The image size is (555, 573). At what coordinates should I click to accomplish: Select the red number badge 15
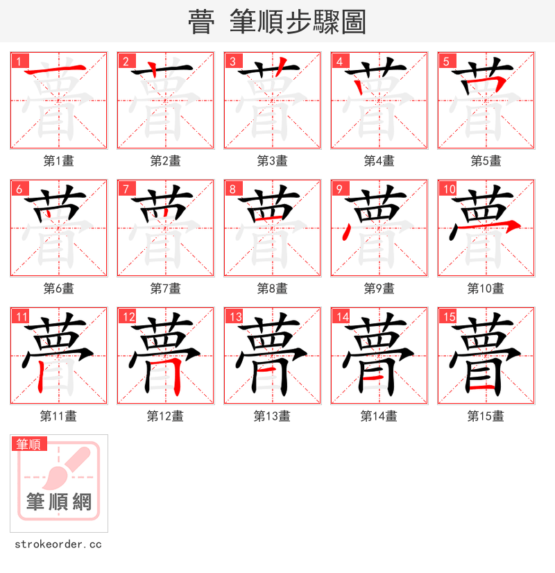(x=447, y=317)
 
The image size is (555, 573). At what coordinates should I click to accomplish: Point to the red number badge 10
(x=447, y=189)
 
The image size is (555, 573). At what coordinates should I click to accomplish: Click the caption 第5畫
(x=486, y=161)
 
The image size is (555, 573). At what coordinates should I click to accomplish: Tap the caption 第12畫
(x=165, y=416)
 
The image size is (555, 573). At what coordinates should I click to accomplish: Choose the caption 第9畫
(x=379, y=289)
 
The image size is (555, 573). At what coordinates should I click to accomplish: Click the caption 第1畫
(x=58, y=161)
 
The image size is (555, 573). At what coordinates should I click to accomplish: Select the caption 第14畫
(x=379, y=416)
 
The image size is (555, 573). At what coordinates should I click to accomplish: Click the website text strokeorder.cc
(x=58, y=545)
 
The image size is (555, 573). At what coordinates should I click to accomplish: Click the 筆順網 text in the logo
(x=59, y=502)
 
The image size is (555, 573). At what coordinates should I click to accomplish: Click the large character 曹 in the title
(x=201, y=22)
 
